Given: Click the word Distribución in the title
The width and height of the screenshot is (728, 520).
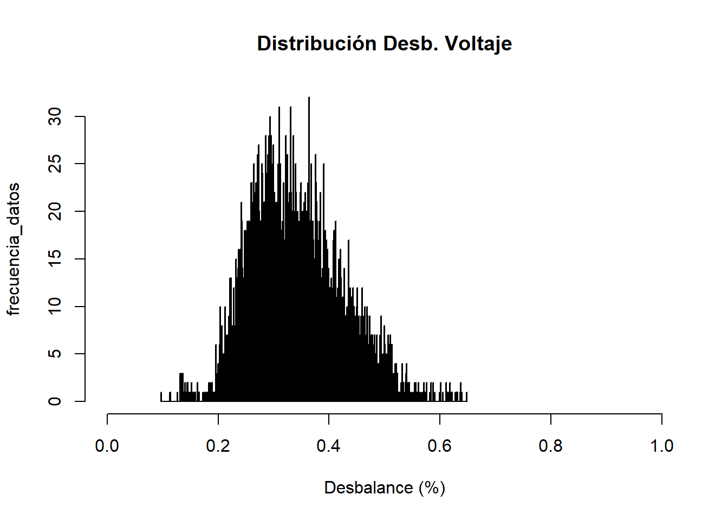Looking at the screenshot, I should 317,43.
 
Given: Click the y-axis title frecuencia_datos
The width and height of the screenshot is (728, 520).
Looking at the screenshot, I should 13,249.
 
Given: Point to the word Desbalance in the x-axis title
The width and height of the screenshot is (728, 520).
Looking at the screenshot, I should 368,488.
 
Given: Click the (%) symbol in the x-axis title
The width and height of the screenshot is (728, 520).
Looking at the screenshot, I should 432,488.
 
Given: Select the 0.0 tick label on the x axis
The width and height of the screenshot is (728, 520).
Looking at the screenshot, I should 107,446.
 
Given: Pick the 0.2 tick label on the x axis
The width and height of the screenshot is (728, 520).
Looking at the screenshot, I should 218,446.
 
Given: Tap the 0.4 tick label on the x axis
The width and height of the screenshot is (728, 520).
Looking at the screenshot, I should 329,446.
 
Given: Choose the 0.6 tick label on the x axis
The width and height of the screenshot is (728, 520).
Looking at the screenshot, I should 440,446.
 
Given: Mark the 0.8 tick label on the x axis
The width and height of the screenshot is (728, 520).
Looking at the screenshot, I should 551,446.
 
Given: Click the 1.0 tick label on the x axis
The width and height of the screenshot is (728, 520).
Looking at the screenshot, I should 661,446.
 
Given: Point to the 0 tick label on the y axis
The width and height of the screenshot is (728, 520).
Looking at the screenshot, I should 55,401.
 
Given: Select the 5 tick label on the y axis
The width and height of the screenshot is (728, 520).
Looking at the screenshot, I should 55,354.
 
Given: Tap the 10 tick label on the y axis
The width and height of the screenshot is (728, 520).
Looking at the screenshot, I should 55,306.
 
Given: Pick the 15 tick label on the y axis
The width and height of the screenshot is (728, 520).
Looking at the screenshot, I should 55,259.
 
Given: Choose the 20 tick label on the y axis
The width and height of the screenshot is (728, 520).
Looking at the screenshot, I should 55,211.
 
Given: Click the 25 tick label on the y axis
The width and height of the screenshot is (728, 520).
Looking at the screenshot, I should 55,164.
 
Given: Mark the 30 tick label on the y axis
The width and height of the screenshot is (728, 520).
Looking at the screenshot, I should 55,116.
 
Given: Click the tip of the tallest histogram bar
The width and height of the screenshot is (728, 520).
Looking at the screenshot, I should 309,97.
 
